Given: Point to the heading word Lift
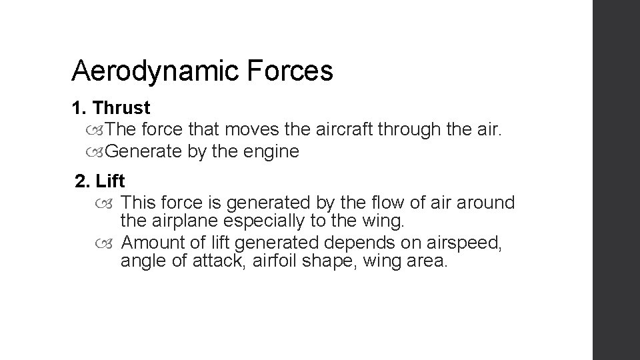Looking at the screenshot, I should coord(111,181).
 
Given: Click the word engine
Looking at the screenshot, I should coord(271,151).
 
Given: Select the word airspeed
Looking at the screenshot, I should coord(467,241).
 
